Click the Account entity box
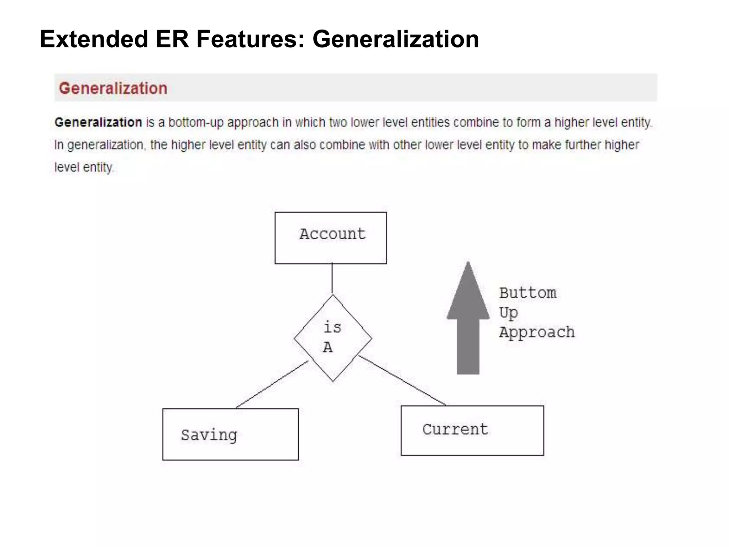coord(331,238)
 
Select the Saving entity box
coord(230,434)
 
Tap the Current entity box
coord(472,430)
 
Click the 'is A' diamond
coord(333,338)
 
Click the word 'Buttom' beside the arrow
coord(528,293)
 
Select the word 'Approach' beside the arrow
coord(537,332)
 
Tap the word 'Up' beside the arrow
coord(508,313)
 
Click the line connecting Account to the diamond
coord(332,278)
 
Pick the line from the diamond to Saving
coord(272,385)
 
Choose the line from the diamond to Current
coord(402,380)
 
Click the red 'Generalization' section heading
coord(113,88)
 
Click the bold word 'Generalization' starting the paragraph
coord(98,123)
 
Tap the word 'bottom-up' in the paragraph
coord(196,123)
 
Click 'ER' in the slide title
coord(172,39)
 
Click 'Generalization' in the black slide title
coord(395,39)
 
